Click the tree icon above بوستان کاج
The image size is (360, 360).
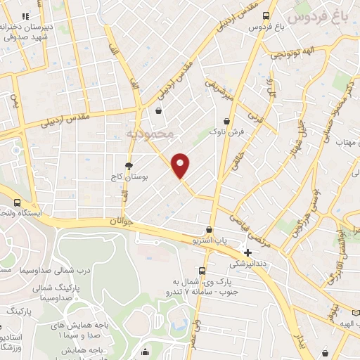[129, 166]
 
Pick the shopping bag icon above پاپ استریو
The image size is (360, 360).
[209, 229]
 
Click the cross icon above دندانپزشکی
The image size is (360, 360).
[247, 252]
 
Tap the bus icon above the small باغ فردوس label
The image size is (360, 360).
[265, 15]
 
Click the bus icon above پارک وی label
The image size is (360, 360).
[202, 271]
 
